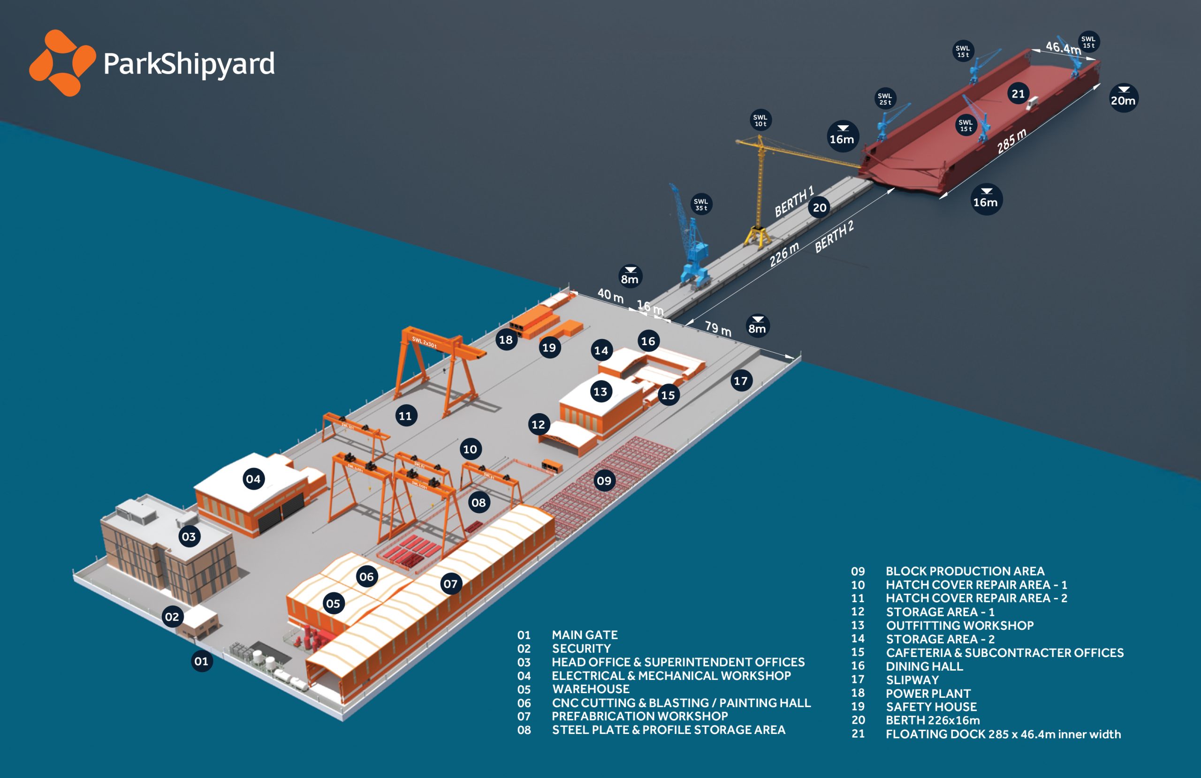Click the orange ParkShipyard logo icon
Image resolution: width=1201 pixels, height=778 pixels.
62,63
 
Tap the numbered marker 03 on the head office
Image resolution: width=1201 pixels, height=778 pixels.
189,536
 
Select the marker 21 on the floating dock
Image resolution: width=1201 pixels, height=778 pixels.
1018,94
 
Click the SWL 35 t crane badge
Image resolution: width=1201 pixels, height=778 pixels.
701,204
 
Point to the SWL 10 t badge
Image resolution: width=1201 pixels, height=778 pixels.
760,120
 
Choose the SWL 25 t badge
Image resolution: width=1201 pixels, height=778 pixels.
885,98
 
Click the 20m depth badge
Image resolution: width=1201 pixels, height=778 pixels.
1123,98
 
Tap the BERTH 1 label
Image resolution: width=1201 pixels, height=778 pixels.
794,201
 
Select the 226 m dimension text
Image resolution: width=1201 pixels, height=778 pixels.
783,254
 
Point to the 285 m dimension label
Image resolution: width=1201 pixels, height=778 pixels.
1011,141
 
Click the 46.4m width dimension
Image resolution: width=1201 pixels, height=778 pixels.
1063,47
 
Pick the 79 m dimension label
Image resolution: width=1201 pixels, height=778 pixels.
718,328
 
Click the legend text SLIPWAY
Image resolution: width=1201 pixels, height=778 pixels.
912,680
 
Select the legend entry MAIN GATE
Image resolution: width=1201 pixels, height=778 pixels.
585,634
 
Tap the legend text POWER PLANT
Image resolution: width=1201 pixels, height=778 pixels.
928,693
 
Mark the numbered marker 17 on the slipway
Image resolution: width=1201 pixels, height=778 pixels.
740,381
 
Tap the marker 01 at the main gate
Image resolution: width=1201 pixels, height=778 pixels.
201,661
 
